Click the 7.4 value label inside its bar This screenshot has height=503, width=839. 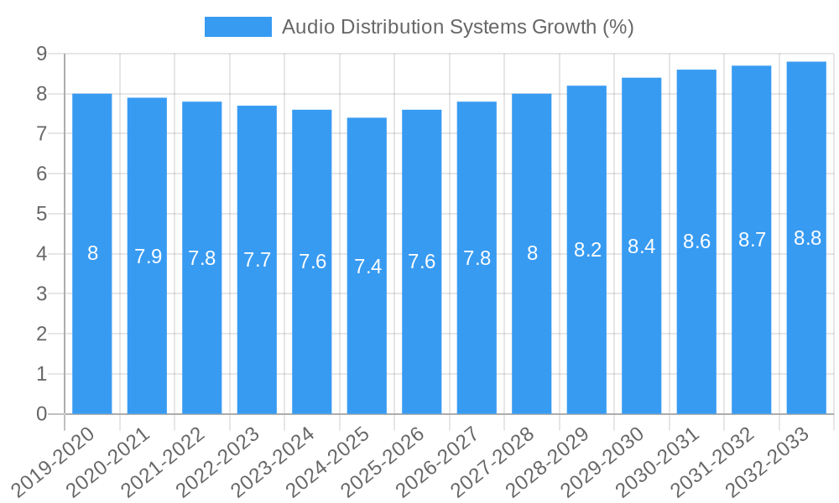(367, 267)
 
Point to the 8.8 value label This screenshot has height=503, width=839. (807, 238)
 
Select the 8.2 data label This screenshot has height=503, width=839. (587, 250)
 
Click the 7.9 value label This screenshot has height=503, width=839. (148, 257)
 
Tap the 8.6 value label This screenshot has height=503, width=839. (697, 242)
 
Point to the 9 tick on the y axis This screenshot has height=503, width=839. (41, 54)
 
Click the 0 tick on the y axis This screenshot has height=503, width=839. (41, 414)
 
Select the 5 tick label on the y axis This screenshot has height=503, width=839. (41, 214)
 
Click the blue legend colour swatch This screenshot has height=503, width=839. (238, 27)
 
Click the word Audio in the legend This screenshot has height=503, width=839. (305, 27)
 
